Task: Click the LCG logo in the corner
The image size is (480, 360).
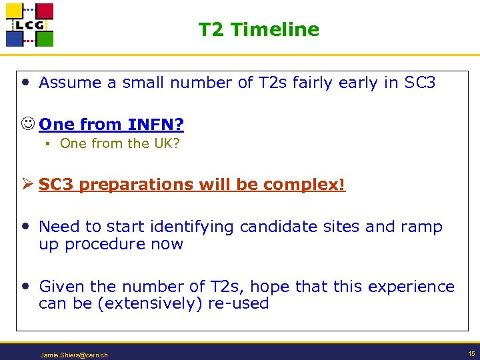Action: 29,25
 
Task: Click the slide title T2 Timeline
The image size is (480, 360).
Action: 259,29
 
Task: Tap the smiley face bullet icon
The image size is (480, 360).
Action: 28,124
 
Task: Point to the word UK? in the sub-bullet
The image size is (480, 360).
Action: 167,143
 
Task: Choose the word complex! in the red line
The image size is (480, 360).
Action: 313,185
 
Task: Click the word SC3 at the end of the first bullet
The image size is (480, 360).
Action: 420,83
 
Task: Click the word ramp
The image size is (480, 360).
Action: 421,227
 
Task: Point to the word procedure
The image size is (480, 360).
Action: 105,244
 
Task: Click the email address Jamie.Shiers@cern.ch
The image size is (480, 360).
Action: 74,355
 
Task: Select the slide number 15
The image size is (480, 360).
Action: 471,353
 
